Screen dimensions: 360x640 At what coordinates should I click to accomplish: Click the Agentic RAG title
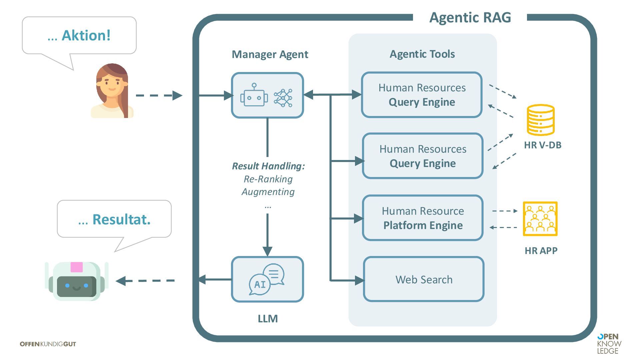pos(470,17)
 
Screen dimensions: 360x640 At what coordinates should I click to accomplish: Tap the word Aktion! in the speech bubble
pos(86,35)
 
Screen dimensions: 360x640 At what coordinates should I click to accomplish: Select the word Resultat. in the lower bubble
pos(121,219)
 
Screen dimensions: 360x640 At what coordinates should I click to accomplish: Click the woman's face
pos(111,83)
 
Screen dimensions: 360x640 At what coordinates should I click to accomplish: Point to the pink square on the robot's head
pos(76,267)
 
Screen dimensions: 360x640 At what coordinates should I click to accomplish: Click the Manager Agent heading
pos(270,54)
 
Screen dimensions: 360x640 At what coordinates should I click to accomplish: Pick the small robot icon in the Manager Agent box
pos(254,95)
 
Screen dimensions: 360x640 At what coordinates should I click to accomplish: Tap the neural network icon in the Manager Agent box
pos(283,98)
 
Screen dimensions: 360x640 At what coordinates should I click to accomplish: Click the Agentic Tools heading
pos(422,54)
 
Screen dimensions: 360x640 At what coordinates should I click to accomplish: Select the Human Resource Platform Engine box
pos(423,218)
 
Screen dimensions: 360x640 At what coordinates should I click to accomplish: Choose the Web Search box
pos(424,279)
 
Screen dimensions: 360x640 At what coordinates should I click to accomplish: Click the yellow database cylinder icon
pos(540,120)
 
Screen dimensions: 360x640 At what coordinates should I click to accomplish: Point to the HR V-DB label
pos(542,145)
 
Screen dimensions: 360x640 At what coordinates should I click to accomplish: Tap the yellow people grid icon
pos(540,219)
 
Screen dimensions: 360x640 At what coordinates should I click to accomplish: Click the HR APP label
pos(541,251)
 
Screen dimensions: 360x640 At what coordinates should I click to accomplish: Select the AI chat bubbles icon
pos(267,279)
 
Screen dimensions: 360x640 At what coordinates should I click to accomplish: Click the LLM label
pos(268,319)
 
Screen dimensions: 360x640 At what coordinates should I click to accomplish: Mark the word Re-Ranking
pos(268,179)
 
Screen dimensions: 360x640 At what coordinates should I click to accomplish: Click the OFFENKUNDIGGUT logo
pos(48,344)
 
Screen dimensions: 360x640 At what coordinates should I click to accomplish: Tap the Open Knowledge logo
pos(609,344)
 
